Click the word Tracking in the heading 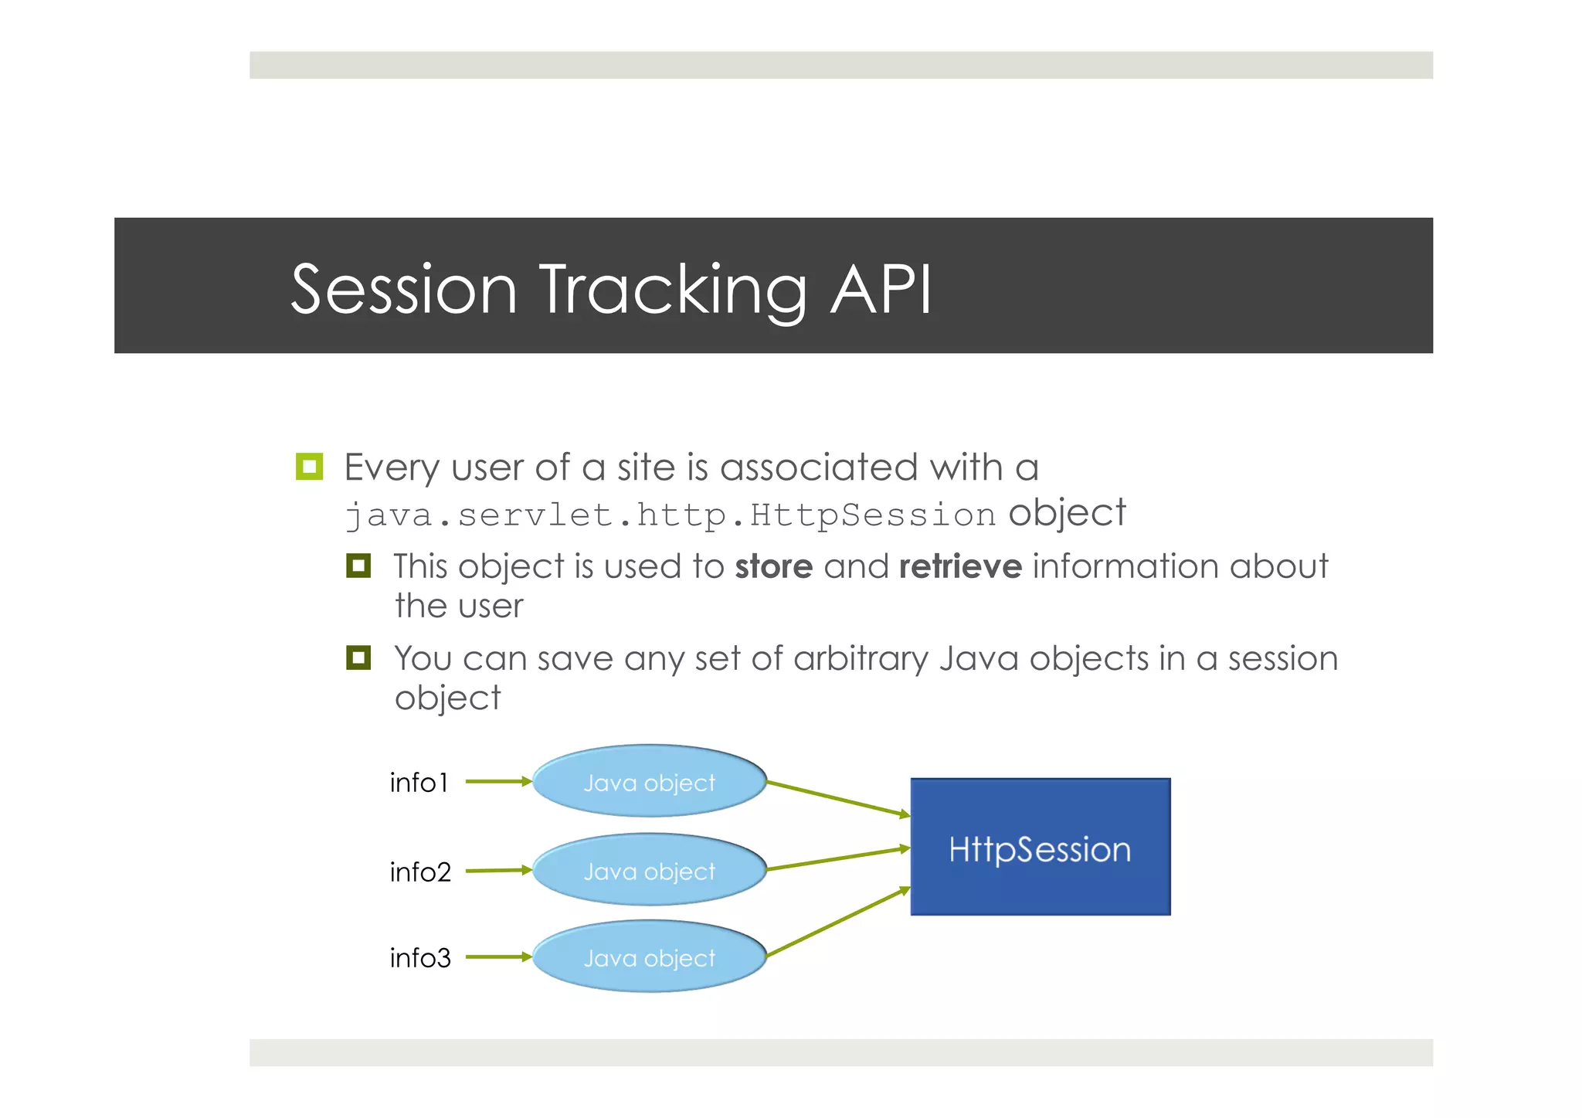pos(672,291)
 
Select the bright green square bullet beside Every pos(309,467)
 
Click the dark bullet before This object pos(358,566)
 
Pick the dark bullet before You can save pos(358,658)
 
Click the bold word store pos(773,566)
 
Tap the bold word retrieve pos(960,566)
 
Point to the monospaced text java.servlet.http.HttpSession pos(670,515)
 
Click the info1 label pos(419,783)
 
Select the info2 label pos(419,872)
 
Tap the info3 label pos(419,958)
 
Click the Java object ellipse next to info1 pos(649,782)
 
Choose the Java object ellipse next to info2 pos(649,870)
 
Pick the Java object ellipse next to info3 pos(649,957)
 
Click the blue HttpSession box pos(1040,848)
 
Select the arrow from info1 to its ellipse pos(498,781)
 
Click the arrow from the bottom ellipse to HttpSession pos(838,923)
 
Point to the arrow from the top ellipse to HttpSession pos(838,798)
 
